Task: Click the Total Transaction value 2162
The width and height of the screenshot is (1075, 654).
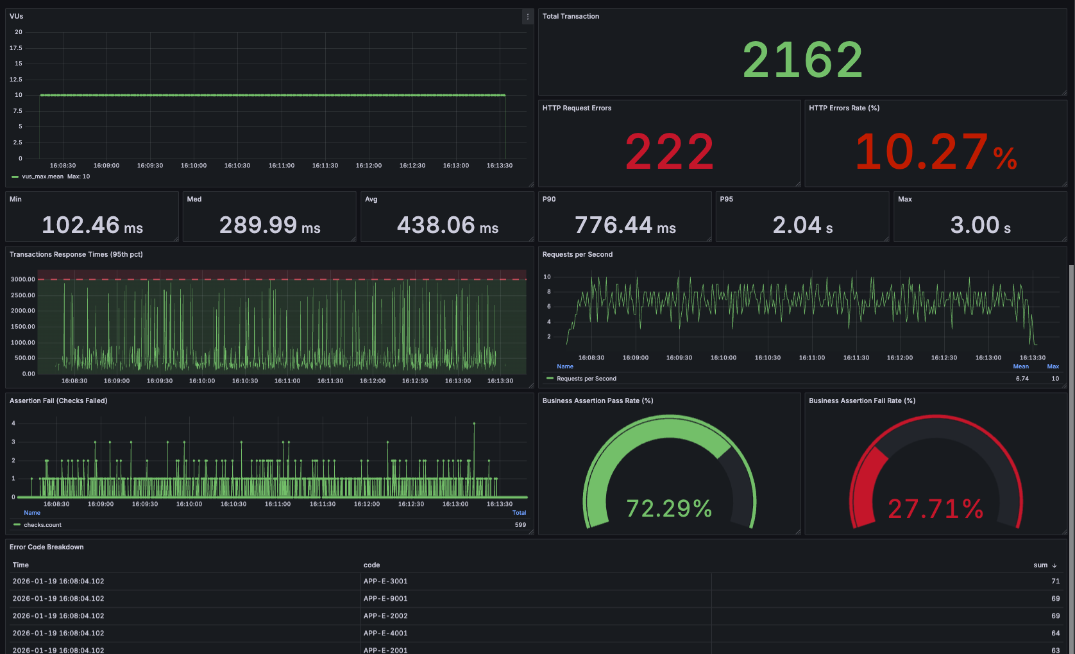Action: [x=802, y=60]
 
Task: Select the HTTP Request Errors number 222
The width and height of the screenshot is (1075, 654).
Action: [x=670, y=151]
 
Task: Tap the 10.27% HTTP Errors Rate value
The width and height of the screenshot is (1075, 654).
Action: [x=936, y=151]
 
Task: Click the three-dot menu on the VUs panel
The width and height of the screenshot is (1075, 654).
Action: [x=527, y=17]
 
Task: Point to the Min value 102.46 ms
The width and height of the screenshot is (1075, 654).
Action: [x=92, y=225]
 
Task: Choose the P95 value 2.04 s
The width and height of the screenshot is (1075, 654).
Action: [x=802, y=225]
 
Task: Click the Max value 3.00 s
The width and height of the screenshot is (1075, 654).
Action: [x=981, y=225]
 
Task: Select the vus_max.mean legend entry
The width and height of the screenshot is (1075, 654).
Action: [x=42, y=176]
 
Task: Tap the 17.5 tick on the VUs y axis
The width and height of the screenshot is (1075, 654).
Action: [x=16, y=48]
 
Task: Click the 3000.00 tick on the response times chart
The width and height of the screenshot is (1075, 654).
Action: [x=23, y=279]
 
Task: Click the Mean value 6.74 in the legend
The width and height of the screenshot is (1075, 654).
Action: [x=1022, y=379]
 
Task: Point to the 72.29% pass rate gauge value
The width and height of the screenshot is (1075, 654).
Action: [x=669, y=509]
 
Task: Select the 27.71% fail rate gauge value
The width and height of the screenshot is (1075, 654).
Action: [x=936, y=509]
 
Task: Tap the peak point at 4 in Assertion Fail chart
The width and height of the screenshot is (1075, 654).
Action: [x=474, y=424]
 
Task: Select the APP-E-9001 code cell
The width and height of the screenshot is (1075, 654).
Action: [x=385, y=598]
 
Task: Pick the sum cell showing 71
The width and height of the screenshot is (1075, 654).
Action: [x=1055, y=581]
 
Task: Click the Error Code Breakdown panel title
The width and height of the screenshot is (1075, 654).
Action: [x=47, y=547]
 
